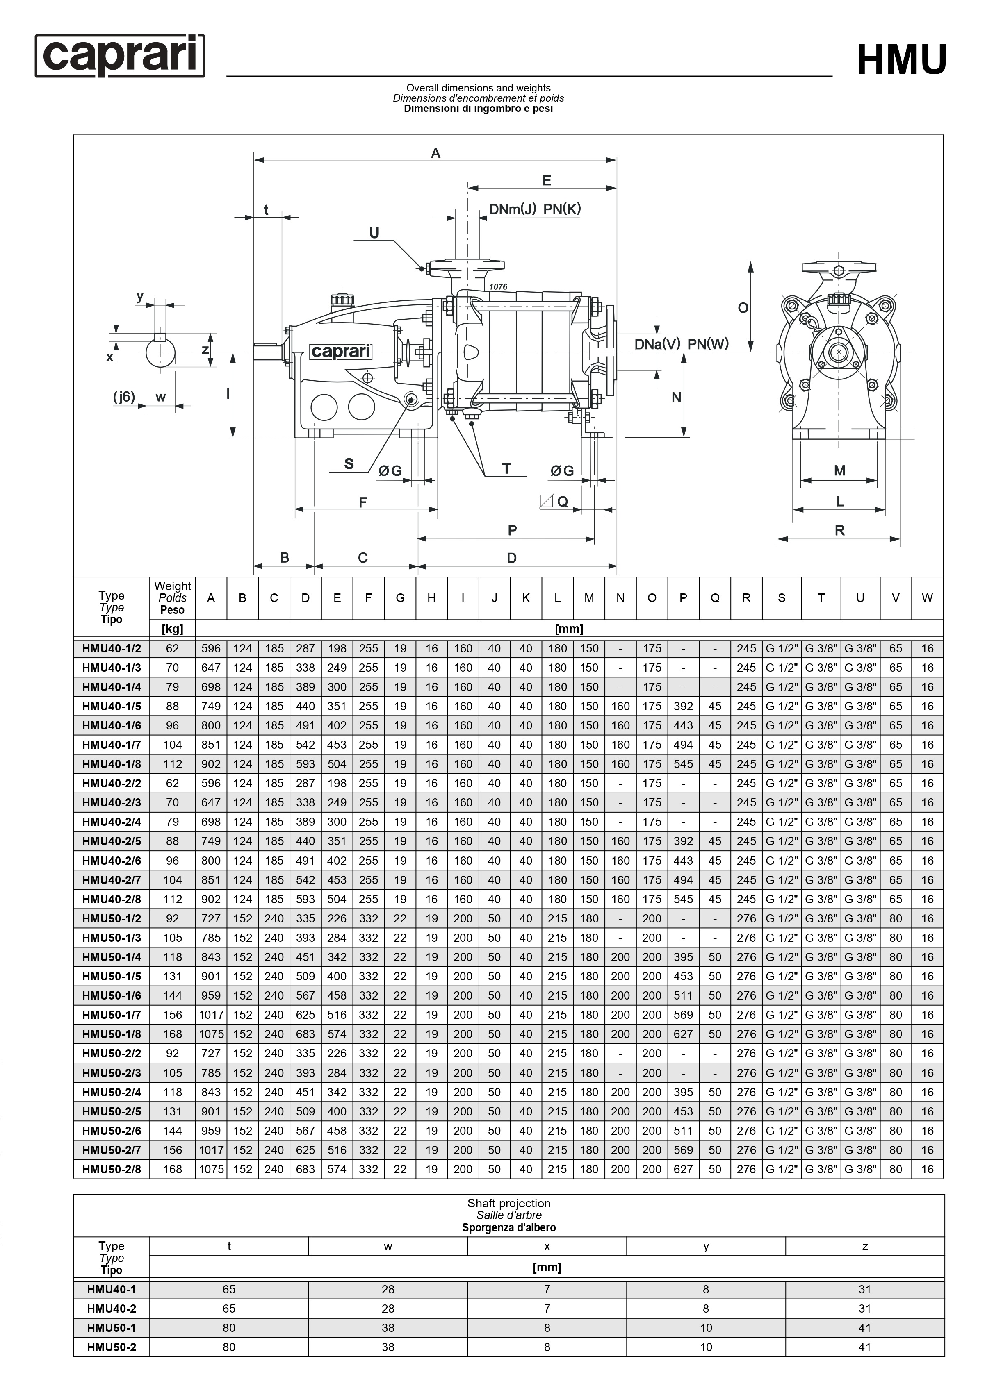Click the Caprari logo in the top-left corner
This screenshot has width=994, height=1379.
[x=120, y=55]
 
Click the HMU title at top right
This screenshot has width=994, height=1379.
[x=902, y=59]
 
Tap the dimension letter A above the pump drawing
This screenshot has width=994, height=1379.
[x=435, y=153]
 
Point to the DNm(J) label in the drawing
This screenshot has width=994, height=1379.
[x=512, y=209]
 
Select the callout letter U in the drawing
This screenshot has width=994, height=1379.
[x=374, y=233]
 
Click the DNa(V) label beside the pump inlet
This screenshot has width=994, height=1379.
[x=657, y=344]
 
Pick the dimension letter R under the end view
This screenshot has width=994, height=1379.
[x=839, y=530]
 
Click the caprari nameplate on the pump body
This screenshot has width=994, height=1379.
[x=341, y=352]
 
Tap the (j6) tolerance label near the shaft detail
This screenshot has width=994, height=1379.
[x=124, y=397]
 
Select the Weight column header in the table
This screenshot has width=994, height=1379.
[x=172, y=586]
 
